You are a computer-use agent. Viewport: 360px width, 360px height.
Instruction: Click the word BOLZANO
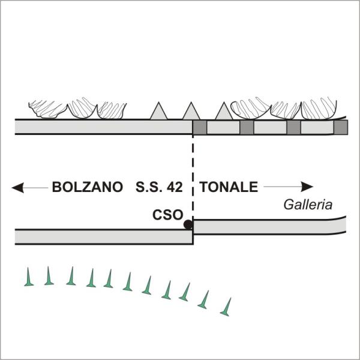click(88, 187)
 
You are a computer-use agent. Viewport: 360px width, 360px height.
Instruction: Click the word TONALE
click(229, 187)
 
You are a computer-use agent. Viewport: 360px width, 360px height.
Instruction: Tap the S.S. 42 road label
click(159, 187)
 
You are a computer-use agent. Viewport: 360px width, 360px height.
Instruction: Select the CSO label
click(167, 215)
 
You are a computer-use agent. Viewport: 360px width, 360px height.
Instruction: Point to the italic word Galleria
click(308, 205)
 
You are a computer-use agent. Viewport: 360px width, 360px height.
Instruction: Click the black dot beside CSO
click(188, 224)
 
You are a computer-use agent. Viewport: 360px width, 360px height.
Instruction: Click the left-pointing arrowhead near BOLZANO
click(17, 188)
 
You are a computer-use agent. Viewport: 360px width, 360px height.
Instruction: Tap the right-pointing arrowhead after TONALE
click(307, 187)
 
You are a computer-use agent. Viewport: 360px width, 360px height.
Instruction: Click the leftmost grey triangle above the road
click(158, 111)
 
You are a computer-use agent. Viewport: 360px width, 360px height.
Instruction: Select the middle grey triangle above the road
click(191, 111)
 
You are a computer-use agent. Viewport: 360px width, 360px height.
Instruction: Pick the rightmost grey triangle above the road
click(224, 111)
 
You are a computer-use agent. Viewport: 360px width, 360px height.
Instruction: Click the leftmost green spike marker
click(29, 277)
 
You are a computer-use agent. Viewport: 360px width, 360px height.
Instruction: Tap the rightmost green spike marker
click(226, 307)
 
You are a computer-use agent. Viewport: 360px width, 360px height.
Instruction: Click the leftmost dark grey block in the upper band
click(200, 127)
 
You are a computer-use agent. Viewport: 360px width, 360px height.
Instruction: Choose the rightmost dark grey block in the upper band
click(341, 127)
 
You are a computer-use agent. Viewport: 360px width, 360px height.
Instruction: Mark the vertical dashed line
click(193, 177)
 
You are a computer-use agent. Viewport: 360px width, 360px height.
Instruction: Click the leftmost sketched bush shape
click(48, 109)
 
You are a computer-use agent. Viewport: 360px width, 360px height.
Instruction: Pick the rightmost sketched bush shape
click(319, 109)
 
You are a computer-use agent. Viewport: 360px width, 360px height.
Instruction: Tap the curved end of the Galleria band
click(340, 225)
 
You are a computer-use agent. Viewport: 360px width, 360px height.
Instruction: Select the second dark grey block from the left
click(247, 127)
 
